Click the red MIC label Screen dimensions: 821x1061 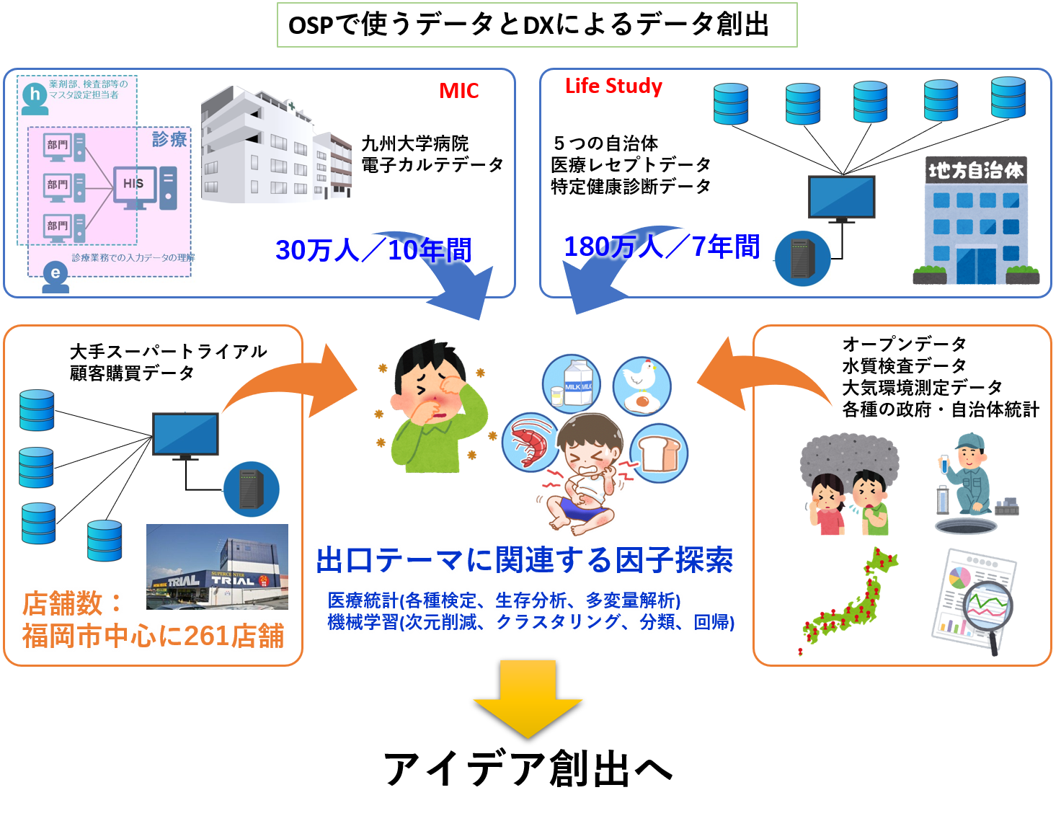459,91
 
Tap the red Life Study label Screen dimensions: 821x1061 613,86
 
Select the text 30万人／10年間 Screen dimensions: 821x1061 373,250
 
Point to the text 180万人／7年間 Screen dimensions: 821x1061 661,247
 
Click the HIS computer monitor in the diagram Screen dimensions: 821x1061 134,185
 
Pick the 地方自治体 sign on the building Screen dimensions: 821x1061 976,171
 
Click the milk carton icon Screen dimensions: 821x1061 572,383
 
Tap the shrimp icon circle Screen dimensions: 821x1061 530,441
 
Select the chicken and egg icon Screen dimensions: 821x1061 642,386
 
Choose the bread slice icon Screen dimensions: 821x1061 659,452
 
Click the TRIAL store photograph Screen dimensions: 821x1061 217,567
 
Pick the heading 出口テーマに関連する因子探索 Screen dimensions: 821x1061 525,560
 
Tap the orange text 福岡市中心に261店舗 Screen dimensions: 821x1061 154,636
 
